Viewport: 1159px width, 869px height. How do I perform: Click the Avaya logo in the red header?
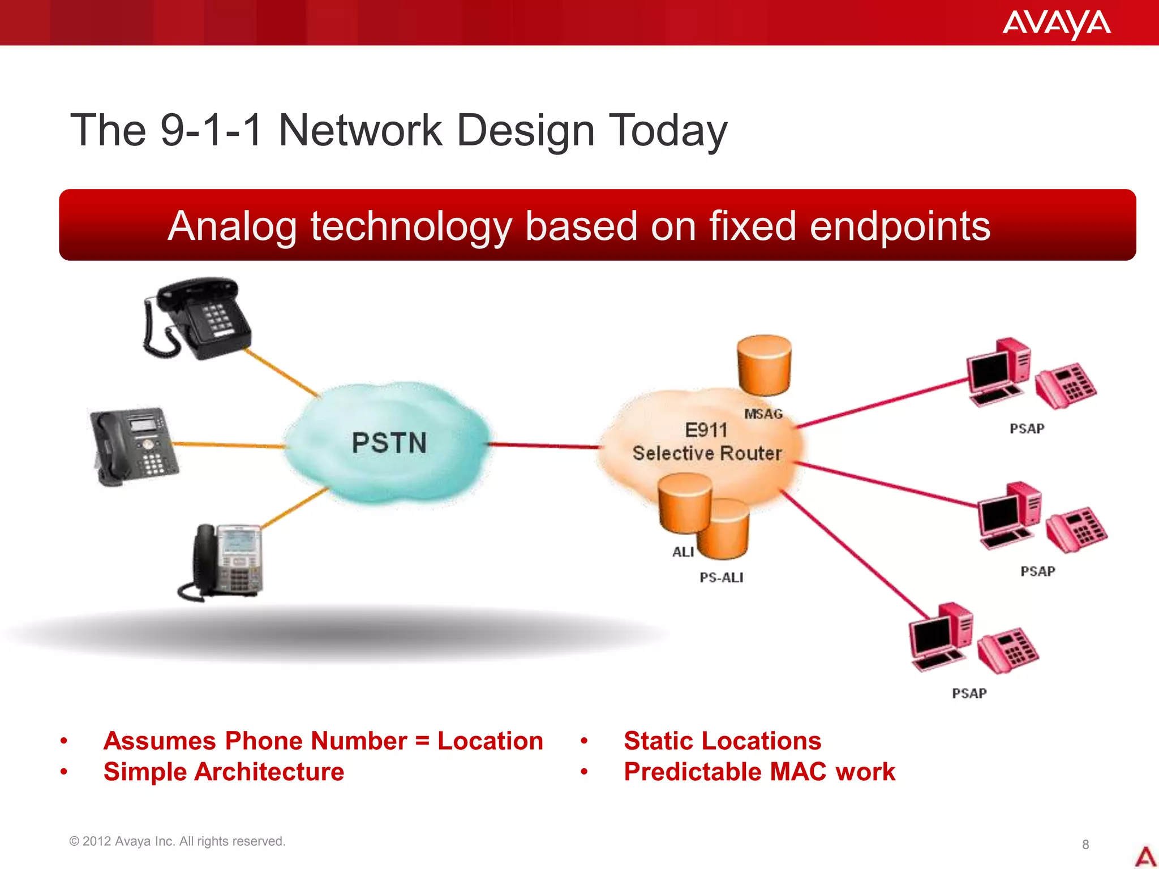coord(1056,24)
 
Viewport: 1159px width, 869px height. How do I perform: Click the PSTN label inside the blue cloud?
coord(389,442)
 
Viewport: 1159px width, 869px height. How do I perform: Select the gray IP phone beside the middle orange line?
coord(134,446)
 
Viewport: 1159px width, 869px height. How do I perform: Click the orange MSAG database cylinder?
coord(763,365)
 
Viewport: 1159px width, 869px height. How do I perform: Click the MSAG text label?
coord(763,414)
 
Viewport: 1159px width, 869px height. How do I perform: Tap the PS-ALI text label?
coord(721,578)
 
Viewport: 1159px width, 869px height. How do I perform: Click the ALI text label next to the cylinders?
coord(682,552)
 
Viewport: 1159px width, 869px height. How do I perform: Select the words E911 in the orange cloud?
coord(706,430)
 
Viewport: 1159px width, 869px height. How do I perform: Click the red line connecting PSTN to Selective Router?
coord(543,445)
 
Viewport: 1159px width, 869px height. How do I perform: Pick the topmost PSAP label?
coord(1027,428)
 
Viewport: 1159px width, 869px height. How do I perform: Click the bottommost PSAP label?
coord(969,693)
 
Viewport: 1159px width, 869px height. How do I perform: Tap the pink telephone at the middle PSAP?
coord(1075,530)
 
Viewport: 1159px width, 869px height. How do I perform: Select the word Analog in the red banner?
coord(232,226)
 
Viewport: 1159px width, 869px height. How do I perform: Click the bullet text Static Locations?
coord(722,741)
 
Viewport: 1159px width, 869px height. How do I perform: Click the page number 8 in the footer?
coord(1085,844)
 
